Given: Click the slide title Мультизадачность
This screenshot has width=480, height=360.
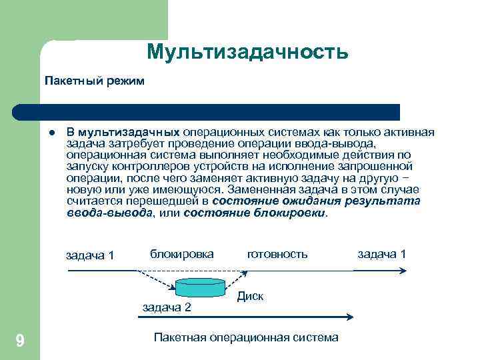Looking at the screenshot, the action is coord(247,51).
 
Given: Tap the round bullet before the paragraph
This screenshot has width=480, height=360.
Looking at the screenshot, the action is coord(51,132).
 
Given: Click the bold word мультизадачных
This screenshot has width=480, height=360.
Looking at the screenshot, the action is coord(131,132).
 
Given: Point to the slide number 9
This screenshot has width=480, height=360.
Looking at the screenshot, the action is coord(20,341).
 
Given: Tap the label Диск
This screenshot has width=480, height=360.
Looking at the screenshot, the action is coord(251,296).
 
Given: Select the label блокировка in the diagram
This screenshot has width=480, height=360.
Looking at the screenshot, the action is coord(182,254).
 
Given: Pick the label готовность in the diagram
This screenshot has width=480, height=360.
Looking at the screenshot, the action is coord(277,254).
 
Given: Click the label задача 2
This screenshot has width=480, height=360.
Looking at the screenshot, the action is coord(167,307).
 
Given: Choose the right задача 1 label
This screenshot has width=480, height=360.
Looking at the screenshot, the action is coord(382,254).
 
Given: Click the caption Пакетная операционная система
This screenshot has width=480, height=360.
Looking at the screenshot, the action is coord(246,337).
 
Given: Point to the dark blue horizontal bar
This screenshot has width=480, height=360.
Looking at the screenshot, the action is coord(220,111).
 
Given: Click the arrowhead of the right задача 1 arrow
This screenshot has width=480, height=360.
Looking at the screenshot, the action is coord(402,270).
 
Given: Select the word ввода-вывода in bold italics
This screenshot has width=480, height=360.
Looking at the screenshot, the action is coord(110,213).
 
